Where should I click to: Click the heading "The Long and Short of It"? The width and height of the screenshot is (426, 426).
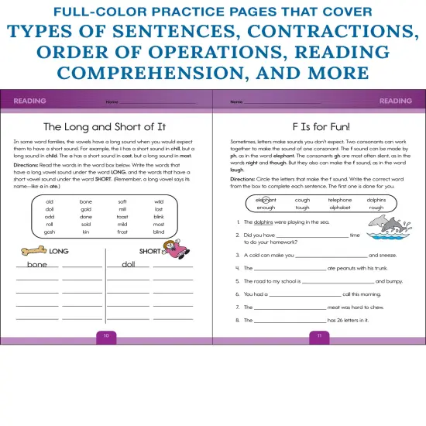[105, 126]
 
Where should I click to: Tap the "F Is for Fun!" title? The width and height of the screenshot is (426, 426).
[318, 126]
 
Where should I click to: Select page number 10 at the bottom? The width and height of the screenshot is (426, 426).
[106, 335]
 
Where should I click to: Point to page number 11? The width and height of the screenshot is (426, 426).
[318, 335]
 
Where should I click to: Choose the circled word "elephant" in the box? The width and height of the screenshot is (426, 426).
[266, 200]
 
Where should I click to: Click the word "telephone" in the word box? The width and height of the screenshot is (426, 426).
[339, 200]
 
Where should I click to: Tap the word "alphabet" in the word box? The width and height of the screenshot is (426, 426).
[339, 208]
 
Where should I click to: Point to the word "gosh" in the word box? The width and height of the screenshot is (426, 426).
[50, 232]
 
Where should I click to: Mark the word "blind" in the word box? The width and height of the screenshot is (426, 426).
[159, 232]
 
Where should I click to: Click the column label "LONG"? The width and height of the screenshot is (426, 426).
[59, 251]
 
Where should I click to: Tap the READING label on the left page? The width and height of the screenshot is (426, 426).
[30, 101]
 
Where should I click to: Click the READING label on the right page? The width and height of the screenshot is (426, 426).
[395, 101]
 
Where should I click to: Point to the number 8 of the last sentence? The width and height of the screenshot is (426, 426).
[235, 320]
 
